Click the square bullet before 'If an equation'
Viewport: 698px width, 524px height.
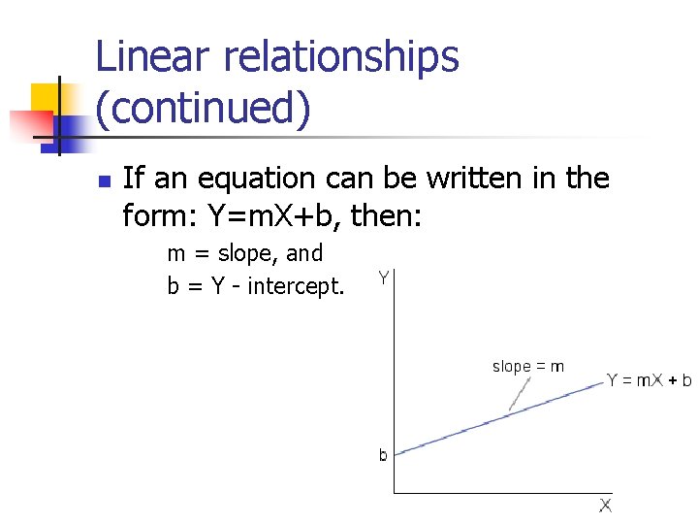pos(106,180)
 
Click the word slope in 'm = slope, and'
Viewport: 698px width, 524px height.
pos(247,254)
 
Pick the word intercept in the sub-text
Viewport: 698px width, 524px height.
pos(296,287)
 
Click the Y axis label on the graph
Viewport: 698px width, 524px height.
pos(385,279)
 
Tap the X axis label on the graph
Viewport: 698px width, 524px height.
pos(605,506)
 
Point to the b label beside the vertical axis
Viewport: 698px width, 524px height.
pos(384,454)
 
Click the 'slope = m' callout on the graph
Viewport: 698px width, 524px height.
pos(528,367)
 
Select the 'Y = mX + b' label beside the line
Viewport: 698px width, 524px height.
pos(649,380)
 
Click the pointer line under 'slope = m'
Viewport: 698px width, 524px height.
pos(520,392)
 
